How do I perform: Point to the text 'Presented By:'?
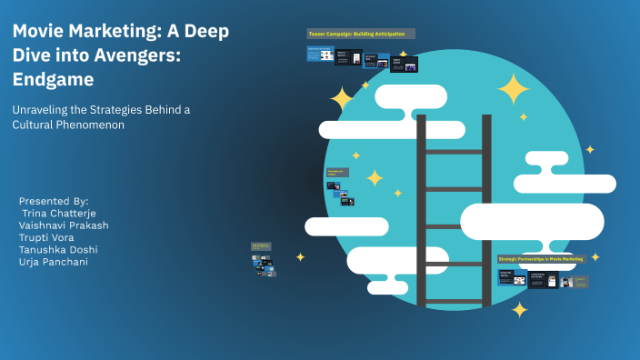pyautogui.click(x=54, y=201)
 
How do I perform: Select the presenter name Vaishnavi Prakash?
pyautogui.click(x=63, y=225)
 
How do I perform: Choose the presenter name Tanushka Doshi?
pyautogui.click(x=58, y=249)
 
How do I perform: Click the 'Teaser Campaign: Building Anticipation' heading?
pyautogui.click(x=361, y=34)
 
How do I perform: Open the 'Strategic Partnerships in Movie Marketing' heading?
pyautogui.click(x=540, y=259)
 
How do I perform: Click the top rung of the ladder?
pyautogui.click(x=455, y=152)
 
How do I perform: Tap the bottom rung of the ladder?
pyautogui.click(x=455, y=301)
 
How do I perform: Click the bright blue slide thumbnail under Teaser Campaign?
pyautogui.click(x=320, y=55)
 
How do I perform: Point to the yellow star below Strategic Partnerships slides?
pyautogui.click(x=519, y=310)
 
